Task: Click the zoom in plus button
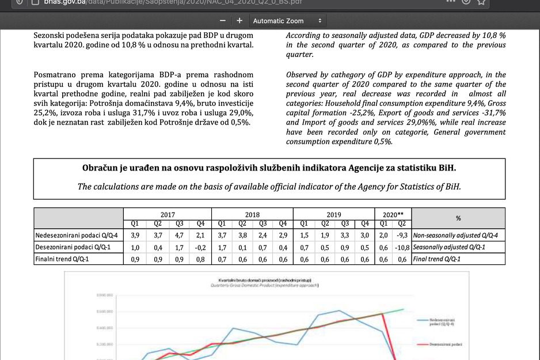pyautogui.click(x=239, y=21)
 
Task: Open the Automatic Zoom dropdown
pyautogui.click(x=288, y=21)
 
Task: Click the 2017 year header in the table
pyautogui.click(x=167, y=214)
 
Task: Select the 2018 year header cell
pyautogui.click(x=252, y=214)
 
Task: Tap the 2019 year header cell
pyautogui.click(x=334, y=214)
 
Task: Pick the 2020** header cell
pyautogui.click(x=393, y=214)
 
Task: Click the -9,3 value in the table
pyautogui.click(x=402, y=236)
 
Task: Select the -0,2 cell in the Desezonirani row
pyautogui.click(x=199, y=247)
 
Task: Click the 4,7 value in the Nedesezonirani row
pyautogui.click(x=179, y=236)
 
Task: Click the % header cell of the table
pyautogui.click(x=458, y=218)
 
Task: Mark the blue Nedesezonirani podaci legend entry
pyautogui.click(x=441, y=320)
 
